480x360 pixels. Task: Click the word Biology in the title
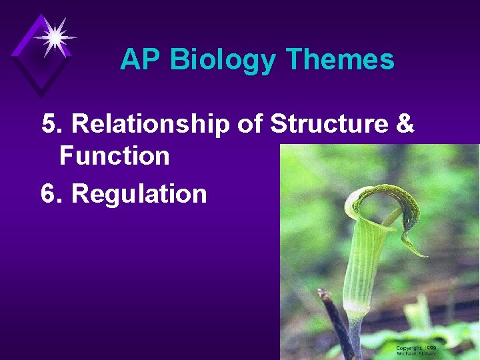coord(222,61)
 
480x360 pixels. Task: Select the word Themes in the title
coord(339,60)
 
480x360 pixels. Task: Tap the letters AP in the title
coord(141,60)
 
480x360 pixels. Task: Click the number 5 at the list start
coord(48,123)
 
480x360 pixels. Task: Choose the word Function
coord(114,156)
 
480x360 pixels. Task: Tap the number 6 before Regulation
coord(48,194)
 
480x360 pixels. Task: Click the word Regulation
coord(139,194)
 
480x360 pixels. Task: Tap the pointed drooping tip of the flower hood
coord(424,255)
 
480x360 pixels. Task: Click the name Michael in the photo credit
coord(407,354)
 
